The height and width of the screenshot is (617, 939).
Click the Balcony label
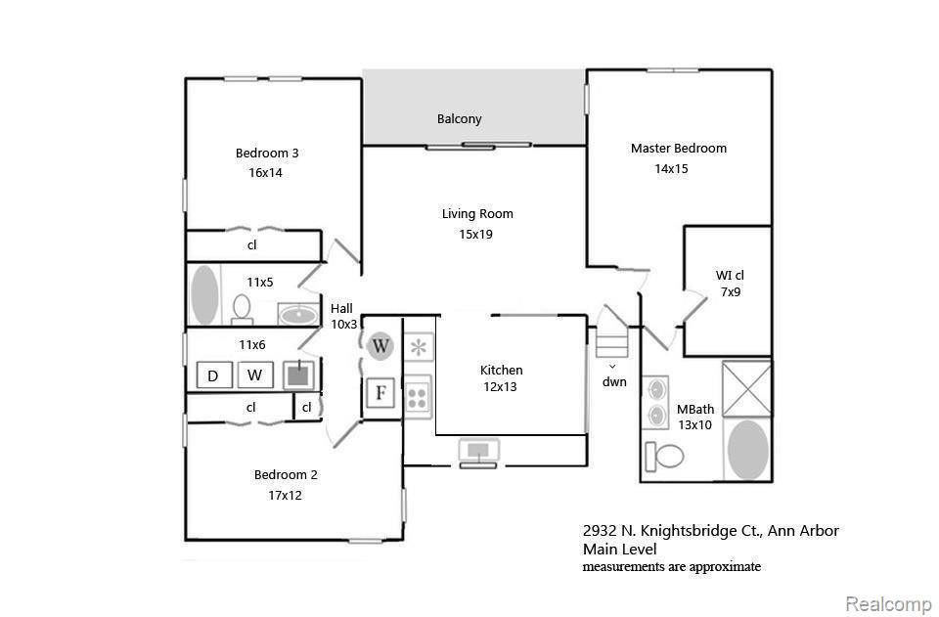pyautogui.click(x=460, y=118)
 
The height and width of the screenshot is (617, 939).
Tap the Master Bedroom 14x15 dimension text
pyautogui.click(x=671, y=169)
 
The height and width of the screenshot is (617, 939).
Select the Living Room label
pyautogui.click(x=477, y=213)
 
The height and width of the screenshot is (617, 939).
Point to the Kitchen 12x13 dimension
pyautogui.click(x=500, y=386)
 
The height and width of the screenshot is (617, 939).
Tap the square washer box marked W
pyautogui.click(x=255, y=375)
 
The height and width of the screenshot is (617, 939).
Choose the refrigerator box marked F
pyautogui.click(x=380, y=393)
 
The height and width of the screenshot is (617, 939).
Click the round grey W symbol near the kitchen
pyautogui.click(x=380, y=346)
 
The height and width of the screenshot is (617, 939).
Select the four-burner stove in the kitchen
pyautogui.click(x=418, y=396)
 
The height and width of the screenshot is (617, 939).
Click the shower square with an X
pyautogui.click(x=746, y=388)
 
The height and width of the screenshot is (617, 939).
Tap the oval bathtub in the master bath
pyautogui.click(x=748, y=450)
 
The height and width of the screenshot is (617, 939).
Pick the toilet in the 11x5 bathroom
pyautogui.click(x=242, y=309)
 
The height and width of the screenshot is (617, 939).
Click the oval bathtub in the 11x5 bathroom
pyautogui.click(x=204, y=295)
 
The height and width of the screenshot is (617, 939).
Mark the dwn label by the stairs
pyautogui.click(x=614, y=381)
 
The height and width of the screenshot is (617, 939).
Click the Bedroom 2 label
pyautogui.click(x=286, y=474)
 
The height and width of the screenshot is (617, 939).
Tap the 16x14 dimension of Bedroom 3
pyautogui.click(x=265, y=173)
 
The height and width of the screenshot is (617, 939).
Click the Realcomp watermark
pyautogui.click(x=888, y=603)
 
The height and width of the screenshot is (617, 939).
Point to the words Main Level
pyautogui.click(x=620, y=549)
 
